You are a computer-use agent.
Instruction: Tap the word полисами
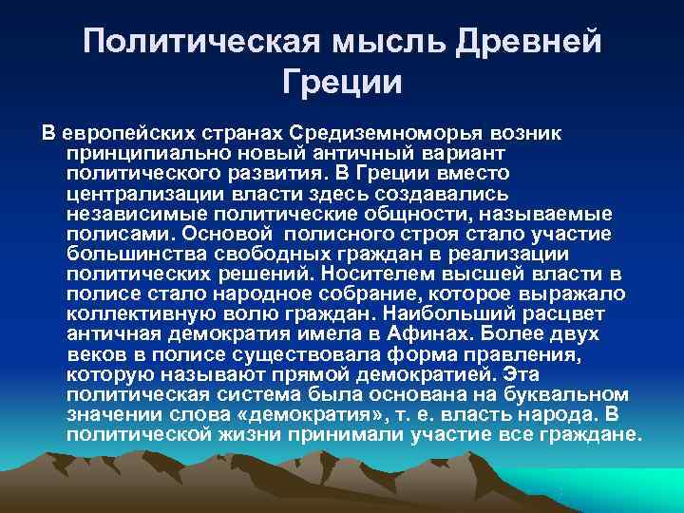click(105, 234)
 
